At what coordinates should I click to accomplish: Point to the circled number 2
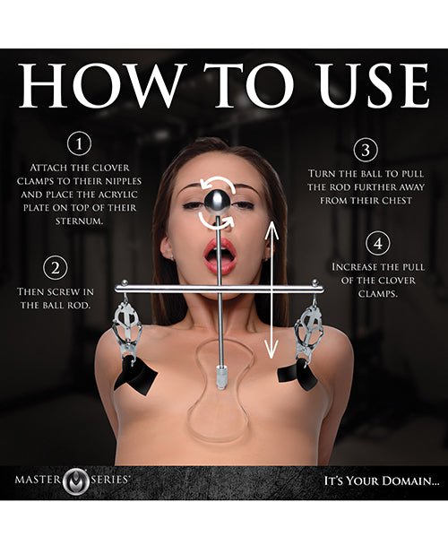[55, 266]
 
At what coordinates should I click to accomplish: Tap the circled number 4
[376, 241]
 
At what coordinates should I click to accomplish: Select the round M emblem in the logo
[80, 480]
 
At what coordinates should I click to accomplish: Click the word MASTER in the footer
[45, 480]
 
